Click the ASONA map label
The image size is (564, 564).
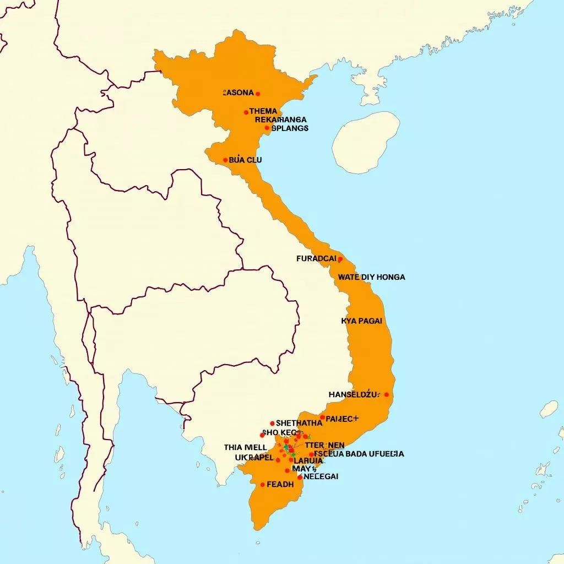pyautogui.click(x=238, y=93)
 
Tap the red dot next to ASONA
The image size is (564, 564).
pyautogui.click(x=258, y=94)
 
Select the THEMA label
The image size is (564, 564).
pyautogui.click(x=263, y=111)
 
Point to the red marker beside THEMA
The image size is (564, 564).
pyautogui.click(x=246, y=112)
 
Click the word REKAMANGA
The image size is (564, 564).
pyautogui.click(x=281, y=119)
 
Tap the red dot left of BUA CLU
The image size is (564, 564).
pyautogui.click(x=225, y=160)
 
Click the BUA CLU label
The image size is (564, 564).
pyautogui.click(x=245, y=160)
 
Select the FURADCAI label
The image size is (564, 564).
pyautogui.click(x=316, y=258)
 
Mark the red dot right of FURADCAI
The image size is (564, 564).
pyautogui.click(x=340, y=259)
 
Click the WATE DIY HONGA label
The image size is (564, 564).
pyautogui.click(x=371, y=277)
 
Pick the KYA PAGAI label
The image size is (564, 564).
pyautogui.click(x=361, y=321)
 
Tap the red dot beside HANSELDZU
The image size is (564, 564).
pyautogui.click(x=387, y=394)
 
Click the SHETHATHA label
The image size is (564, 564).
pyautogui.click(x=299, y=423)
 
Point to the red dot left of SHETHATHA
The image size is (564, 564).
pyautogui.click(x=272, y=424)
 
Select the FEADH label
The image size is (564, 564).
pyautogui.click(x=280, y=485)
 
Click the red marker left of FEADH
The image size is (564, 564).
pyautogui.click(x=263, y=485)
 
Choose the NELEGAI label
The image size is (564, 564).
pyautogui.click(x=321, y=476)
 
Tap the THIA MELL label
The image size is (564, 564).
pyautogui.click(x=246, y=447)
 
